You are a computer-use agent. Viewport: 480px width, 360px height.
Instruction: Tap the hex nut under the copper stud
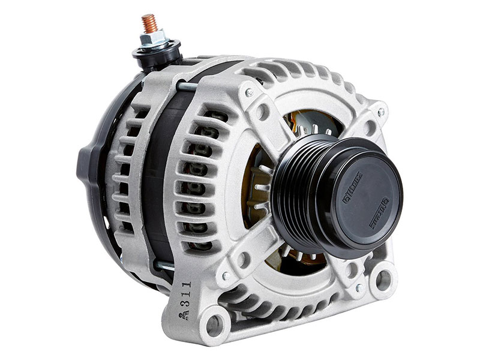coord(151,40)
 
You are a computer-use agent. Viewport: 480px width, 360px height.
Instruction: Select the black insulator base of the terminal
coord(158,54)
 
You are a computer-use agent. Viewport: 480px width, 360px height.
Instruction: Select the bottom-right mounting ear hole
coord(382,277)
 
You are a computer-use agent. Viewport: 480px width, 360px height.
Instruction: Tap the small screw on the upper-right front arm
coord(379,112)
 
